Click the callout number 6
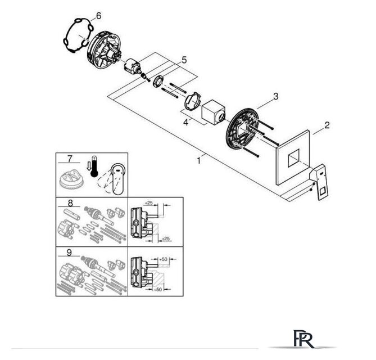point(98,16)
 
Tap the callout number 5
point(184,60)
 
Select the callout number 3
point(276,97)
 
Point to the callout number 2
point(327,125)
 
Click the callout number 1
point(198,160)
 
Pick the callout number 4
point(186,123)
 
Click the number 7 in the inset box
point(70,159)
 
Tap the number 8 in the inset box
point(70,203)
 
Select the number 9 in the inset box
point(69,253)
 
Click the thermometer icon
point(94,167)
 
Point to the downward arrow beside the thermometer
point(89,166)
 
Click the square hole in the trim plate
point(294,157)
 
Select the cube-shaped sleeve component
point(214,112)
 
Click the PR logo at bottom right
point(304,339)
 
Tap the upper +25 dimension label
point(149,203)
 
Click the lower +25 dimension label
point(165,238)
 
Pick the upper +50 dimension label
point(163,259)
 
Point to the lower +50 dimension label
point(157,290)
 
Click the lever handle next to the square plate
point(319,182)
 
